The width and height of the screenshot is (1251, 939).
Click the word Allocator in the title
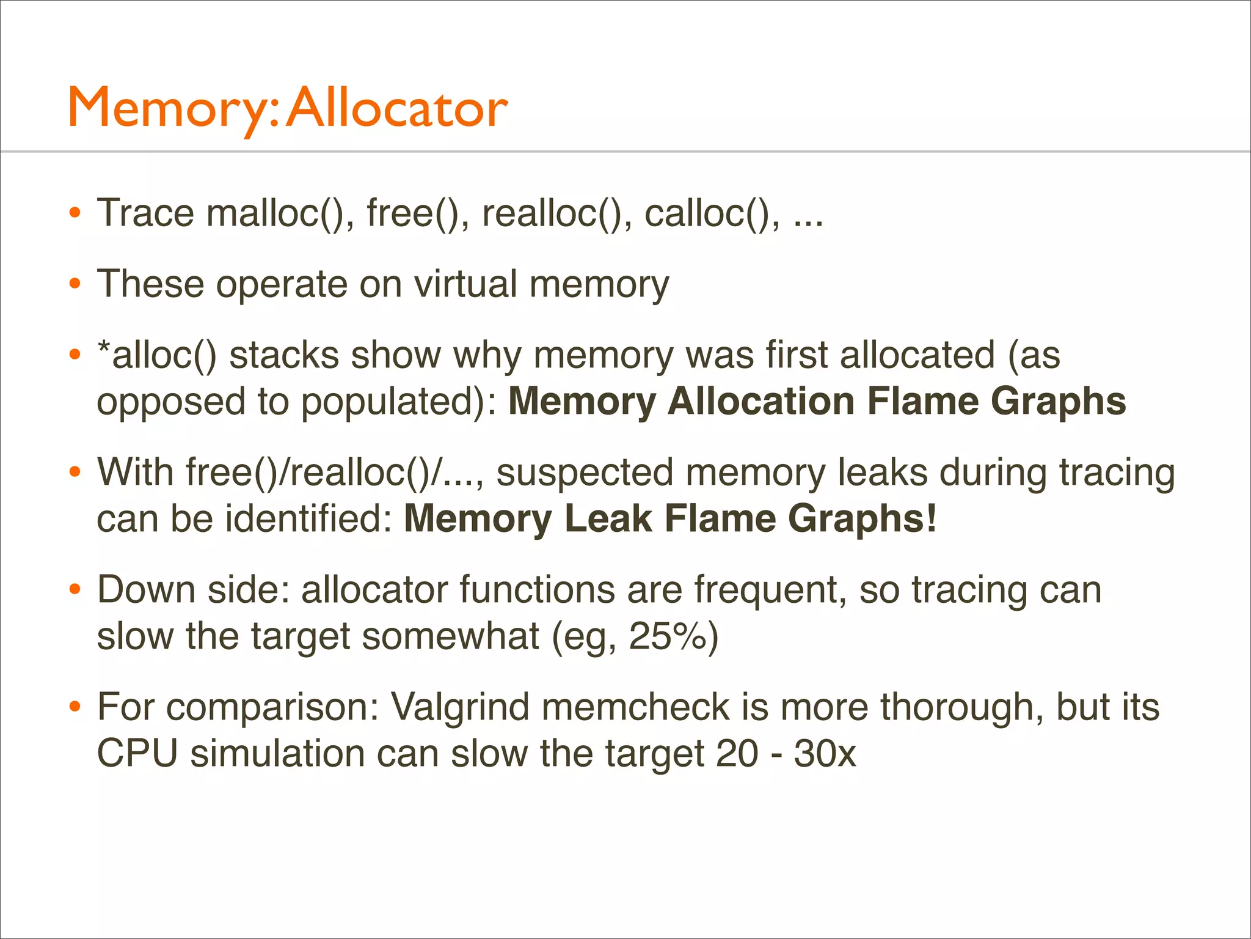pos(397,109)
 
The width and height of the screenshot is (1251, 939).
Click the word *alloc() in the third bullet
pos(157,355)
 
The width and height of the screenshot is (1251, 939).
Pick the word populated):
pos(399,402)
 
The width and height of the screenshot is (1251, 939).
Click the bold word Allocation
pos(760,402)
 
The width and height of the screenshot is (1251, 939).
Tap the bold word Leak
pos(608,519)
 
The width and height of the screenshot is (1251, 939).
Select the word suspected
pos(585,473)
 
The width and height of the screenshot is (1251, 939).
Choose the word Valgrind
pos(460,707)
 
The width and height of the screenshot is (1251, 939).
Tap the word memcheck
pos(635,707)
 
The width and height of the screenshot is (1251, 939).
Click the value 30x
pos(825,754)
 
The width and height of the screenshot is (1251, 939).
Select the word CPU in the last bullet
pos(137,754)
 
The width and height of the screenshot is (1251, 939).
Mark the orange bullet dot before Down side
pos(75,590)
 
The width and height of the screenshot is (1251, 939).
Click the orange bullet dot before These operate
pos(75,284)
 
